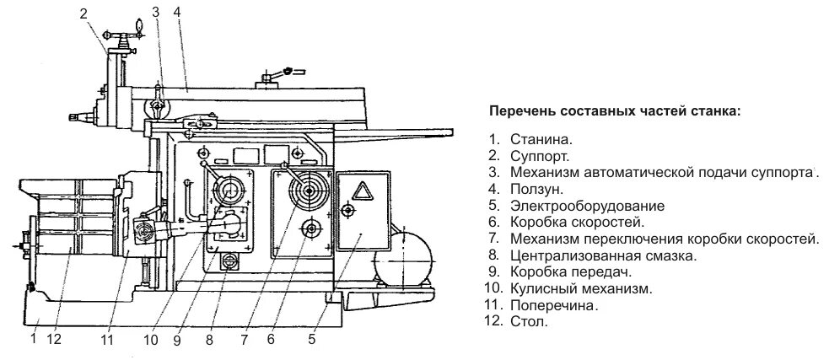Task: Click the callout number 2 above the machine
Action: (83, 13)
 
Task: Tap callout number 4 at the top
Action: (178, 12)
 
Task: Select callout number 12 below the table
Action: (54, 341)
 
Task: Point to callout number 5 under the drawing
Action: (311, 341)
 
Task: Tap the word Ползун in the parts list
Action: (536, 190)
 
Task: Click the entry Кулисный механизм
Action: (580, 288)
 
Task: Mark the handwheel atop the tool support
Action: (123, 35)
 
